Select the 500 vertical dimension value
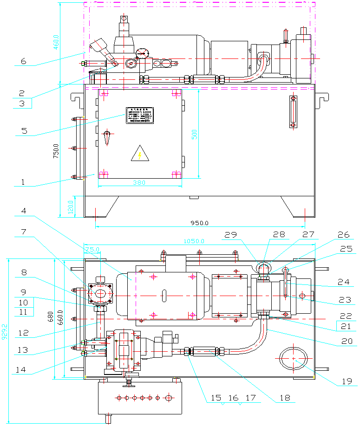(195, 134)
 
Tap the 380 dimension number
(139, 183)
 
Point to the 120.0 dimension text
(71, 207)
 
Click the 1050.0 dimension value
(194, 241)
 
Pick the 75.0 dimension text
(92, 250)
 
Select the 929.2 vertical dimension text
(5, 332)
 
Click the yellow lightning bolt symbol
(139, 155)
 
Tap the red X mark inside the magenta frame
(143, 53)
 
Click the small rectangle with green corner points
(124, 350)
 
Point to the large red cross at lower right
(294, 359)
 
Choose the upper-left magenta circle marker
(153, 277)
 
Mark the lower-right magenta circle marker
(192, 316)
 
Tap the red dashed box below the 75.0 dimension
(101, 294)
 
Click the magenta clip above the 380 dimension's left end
(104, 175)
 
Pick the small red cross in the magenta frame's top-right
(286, 31)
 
